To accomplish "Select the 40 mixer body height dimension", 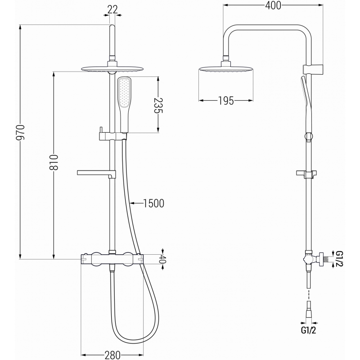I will tap(163, 259).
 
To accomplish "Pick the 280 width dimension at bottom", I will tap(112, 355).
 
